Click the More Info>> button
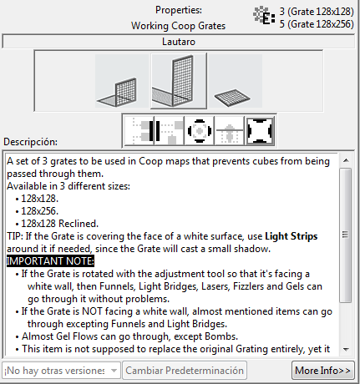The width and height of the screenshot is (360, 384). click(323, 369)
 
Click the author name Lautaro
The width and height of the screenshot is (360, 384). click(179, 40)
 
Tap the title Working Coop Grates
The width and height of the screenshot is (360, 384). click(178, 26)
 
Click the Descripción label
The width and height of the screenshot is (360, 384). click(30, 142)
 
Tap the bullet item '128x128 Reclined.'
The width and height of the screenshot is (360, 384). click(68, 224)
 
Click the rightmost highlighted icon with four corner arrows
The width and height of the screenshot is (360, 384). click(261, 130)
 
